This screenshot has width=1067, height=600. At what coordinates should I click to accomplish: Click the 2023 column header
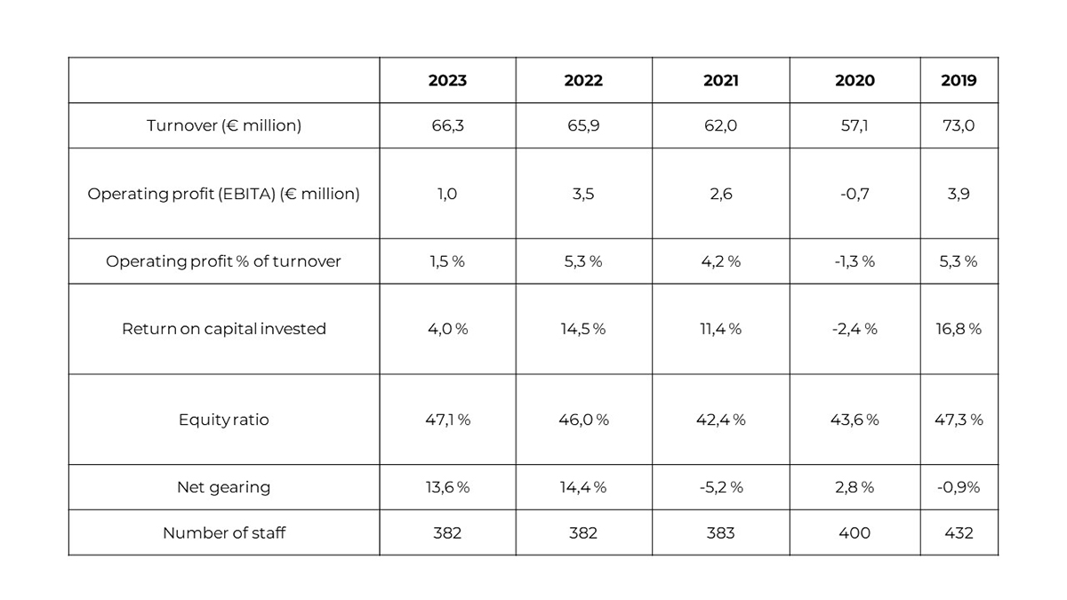[x=447, y=81]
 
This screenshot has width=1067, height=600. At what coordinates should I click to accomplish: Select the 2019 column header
[x=959, y=81]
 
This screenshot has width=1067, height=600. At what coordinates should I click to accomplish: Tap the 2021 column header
[x=720, y=81]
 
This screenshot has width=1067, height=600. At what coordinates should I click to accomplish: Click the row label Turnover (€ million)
[x=224, y=126]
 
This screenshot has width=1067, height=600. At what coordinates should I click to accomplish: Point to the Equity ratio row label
[x=224, y=420]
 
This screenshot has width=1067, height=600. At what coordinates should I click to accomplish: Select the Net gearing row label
[x=224, y=487]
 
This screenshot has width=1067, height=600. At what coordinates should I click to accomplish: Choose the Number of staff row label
[x=224, y=533]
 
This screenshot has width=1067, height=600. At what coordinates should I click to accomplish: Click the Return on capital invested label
[x=224, y=329]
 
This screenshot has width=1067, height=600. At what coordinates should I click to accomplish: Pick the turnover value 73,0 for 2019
[x=959, y=126]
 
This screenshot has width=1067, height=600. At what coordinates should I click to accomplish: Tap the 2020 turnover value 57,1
[x=854, y=126]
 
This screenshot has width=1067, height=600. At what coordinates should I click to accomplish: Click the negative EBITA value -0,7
[x=854, y=194]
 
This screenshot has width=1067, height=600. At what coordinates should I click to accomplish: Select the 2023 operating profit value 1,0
[x=447, y=194]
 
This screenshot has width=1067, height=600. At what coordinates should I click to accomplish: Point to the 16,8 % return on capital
[x=959, y=329]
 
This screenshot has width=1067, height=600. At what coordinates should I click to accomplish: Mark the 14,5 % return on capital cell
[x=583, y=329]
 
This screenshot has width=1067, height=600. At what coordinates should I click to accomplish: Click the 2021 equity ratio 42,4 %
[x=720, y=420]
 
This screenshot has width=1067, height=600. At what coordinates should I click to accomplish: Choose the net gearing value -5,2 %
[x=720, y=487]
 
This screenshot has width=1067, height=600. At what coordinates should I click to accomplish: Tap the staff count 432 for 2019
[x=959, y=533]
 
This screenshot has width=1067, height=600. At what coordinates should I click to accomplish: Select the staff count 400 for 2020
[x=854, y=533]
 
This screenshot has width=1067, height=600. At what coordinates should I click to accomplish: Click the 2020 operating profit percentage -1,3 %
[x=854, y=261]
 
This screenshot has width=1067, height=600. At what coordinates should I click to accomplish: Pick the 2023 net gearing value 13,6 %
[x=447, y=487]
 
